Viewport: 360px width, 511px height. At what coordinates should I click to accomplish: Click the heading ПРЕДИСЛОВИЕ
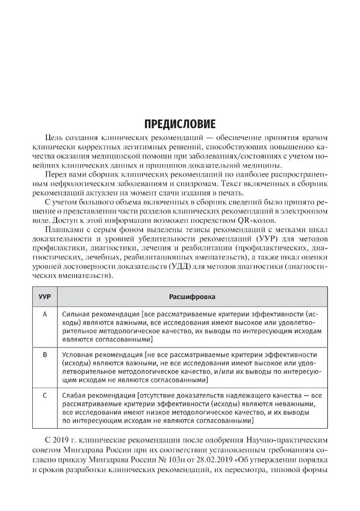tap(179, 124)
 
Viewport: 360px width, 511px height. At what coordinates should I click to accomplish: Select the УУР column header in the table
tap(44, 296)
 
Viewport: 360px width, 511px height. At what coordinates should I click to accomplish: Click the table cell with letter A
tap(44, 314)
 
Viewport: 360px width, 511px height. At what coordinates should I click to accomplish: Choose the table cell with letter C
tap(44, 394)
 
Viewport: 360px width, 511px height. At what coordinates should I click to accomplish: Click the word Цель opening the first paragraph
tap(54, 137)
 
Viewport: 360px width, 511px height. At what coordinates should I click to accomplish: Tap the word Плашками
tap(61, 230)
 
